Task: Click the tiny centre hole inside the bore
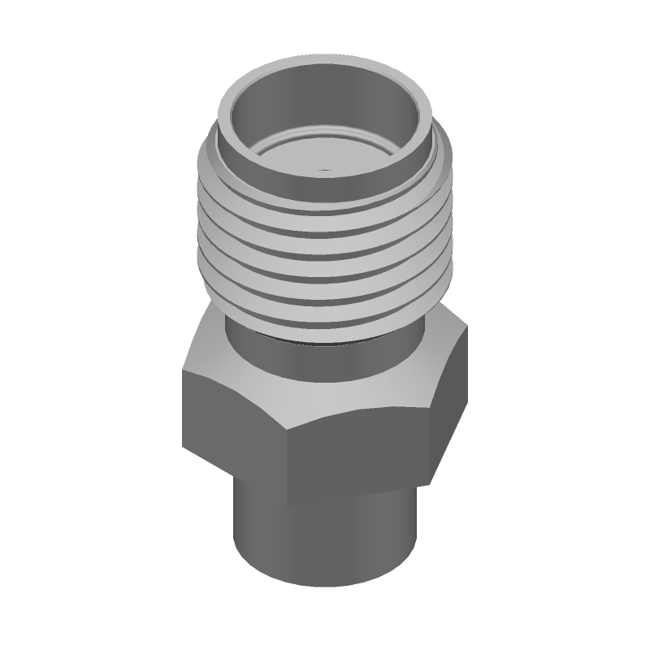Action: point(325,171)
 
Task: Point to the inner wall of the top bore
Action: point(325,97)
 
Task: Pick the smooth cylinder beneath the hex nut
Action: point(325,536)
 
